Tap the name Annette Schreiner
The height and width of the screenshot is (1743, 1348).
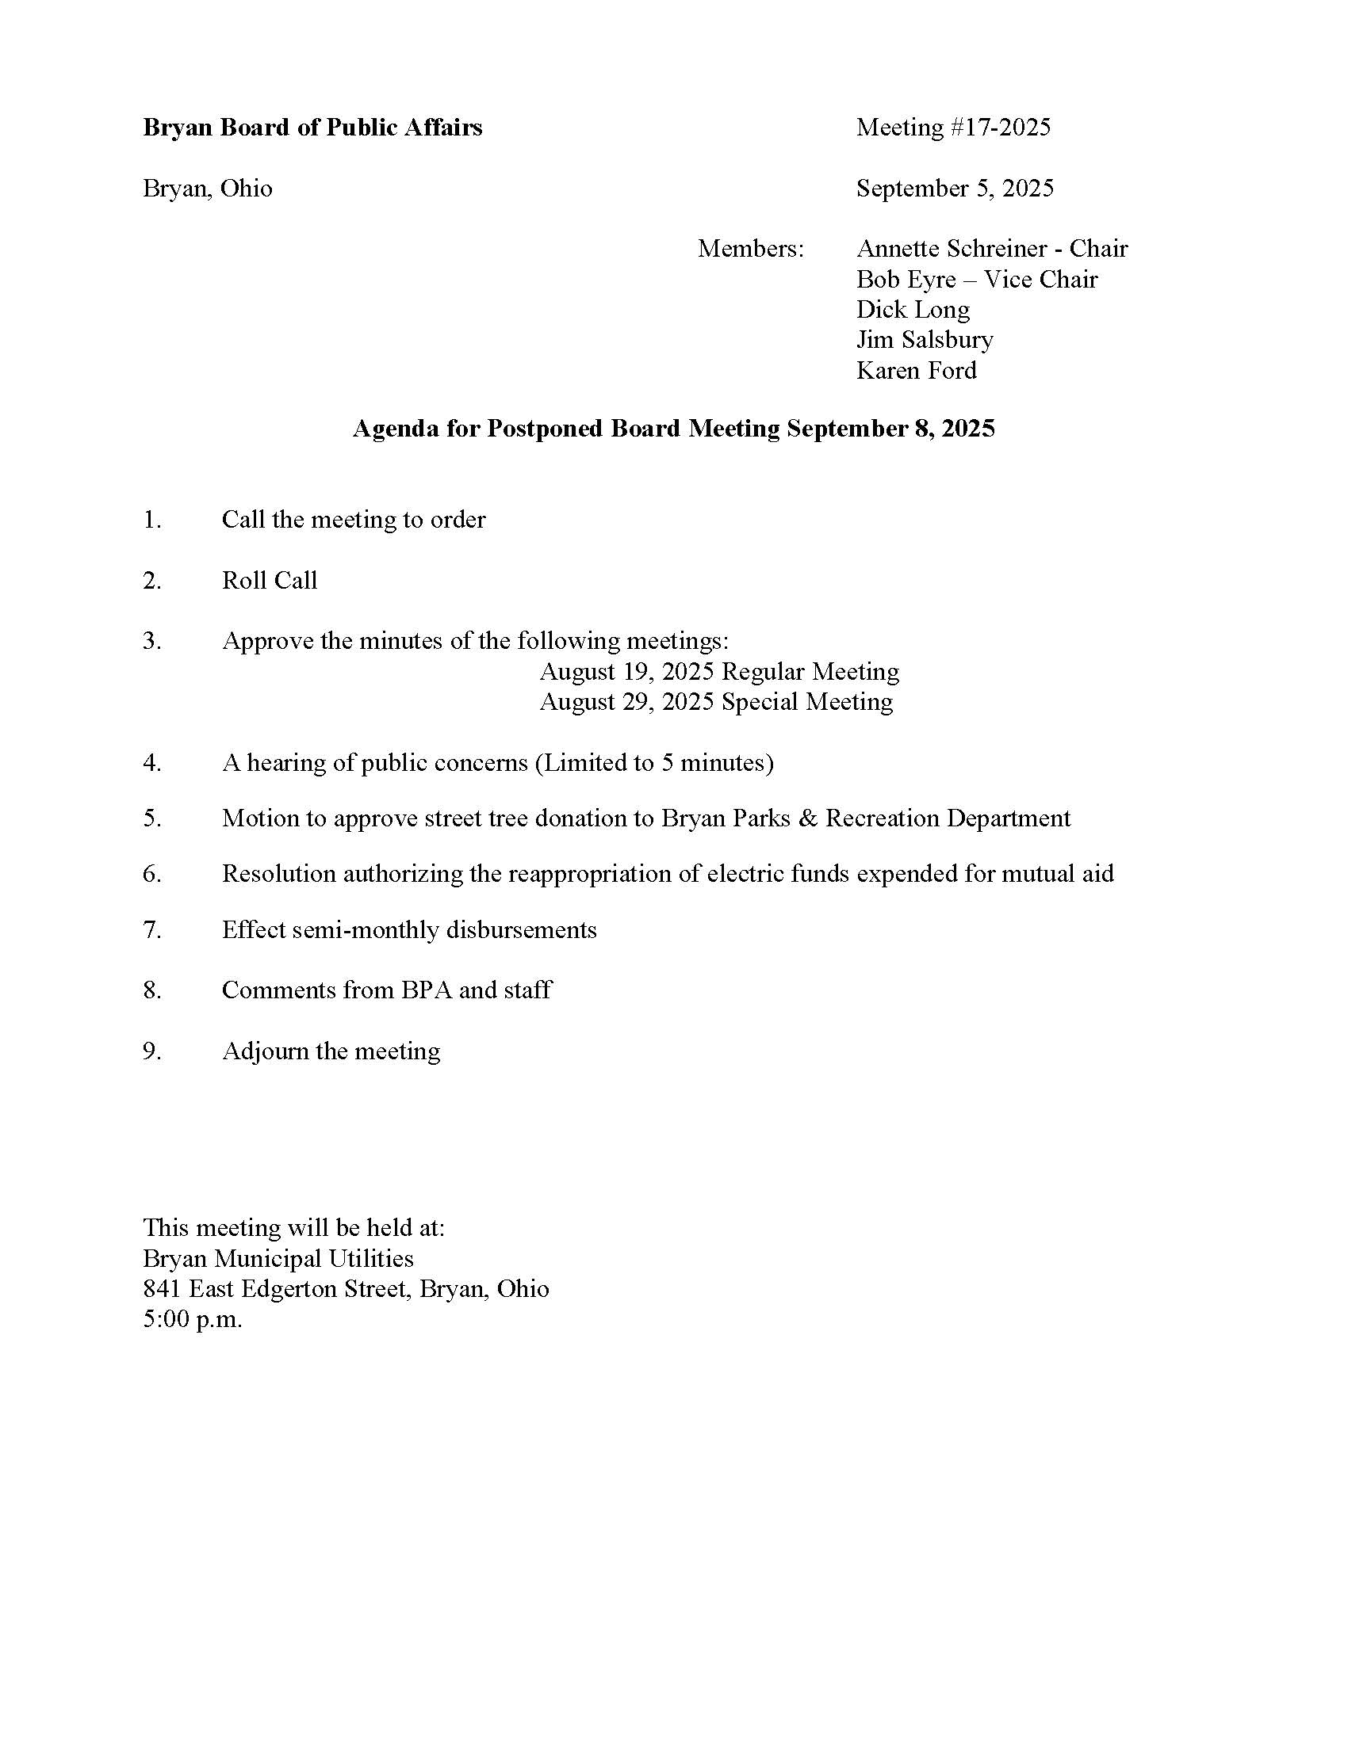coord(951,249)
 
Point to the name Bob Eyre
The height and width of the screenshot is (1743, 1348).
coord(906,280)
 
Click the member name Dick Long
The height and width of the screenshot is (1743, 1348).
coord(912,310)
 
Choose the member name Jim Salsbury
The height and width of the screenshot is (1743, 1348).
coord(924,340)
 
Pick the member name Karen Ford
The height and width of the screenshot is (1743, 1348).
coord(916,370)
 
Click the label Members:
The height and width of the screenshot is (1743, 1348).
coord(751,249)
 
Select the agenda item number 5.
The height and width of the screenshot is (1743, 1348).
coord(151,819)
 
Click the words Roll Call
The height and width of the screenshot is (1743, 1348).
coord(269,580)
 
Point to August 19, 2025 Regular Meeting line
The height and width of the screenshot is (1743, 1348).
coord(718,672)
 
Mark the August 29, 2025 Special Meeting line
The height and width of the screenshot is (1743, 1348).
coord(715,702)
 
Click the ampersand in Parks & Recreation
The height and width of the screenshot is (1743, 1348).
coord(807,819)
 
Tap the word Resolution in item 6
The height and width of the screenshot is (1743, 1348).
coord(278,874)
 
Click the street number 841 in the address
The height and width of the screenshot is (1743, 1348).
coord(161,1289)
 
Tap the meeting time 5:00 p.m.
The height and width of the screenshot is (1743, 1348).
coord(192,1319)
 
